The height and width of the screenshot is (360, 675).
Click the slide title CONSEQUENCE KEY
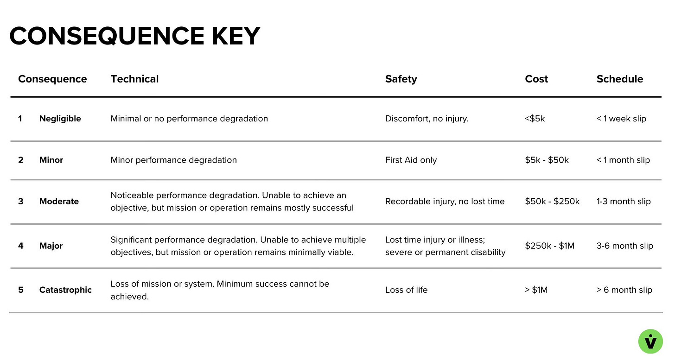click(134, 36)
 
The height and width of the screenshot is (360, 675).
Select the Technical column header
click(134, 79)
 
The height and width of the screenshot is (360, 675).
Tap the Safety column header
click(401, 79)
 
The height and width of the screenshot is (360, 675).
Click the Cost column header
click(536, 79)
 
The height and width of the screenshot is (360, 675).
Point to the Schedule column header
click(620, 79)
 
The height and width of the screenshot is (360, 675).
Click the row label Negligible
click(60, 119)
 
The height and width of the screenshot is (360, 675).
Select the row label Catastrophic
click(65, 290)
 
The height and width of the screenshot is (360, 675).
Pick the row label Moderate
click(59, 202)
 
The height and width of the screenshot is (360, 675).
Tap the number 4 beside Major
click(20, 246)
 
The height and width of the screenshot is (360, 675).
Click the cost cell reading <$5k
click(535, 119)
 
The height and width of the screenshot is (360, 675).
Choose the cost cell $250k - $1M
click(549, 246)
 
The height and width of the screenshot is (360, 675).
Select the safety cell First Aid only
click(411, 160)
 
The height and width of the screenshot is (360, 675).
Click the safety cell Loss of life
click(406, 290)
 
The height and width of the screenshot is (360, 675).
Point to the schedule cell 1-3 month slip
click(624, 202)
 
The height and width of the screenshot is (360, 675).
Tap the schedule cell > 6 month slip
click(624, 290)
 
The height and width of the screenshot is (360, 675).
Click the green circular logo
click(651, 341)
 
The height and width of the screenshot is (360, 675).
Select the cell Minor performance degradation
click(173, 160)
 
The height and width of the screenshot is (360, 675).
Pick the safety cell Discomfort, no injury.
click(427, 119)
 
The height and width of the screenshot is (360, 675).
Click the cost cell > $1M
click(536, 290)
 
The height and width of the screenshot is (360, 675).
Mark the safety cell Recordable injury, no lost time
click(445, 202)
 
